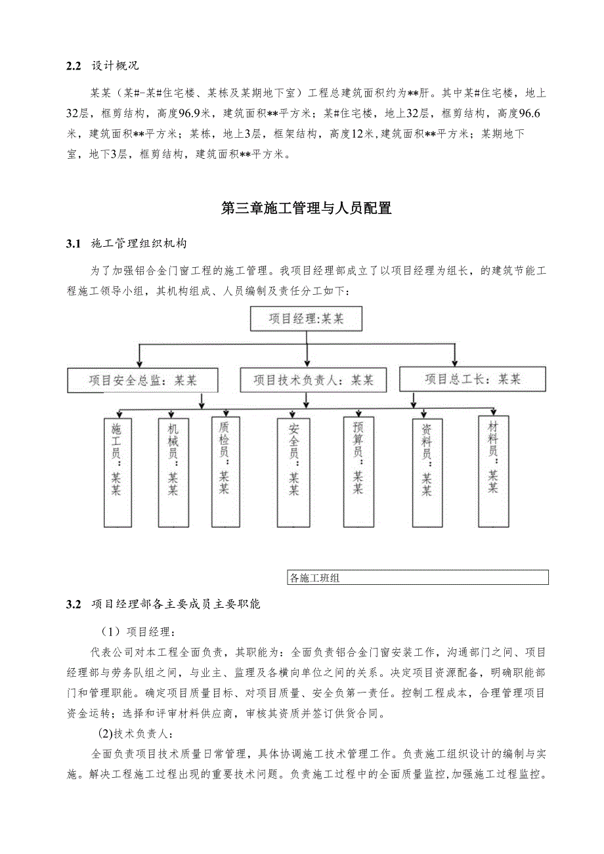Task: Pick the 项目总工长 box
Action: pos(472,379)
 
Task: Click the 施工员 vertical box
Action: pos(116,471)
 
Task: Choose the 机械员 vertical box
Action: pos(172,471)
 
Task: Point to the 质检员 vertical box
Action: pos(224,470)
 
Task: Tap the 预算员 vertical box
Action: pos(358,470)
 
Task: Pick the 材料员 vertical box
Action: pos(493,470)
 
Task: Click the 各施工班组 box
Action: pos(418,578)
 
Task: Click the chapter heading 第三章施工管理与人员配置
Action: pos(307,209)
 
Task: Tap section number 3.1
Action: pos(73,244)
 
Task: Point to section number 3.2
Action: pos(73,605)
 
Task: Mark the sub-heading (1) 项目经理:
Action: pos(137,632)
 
